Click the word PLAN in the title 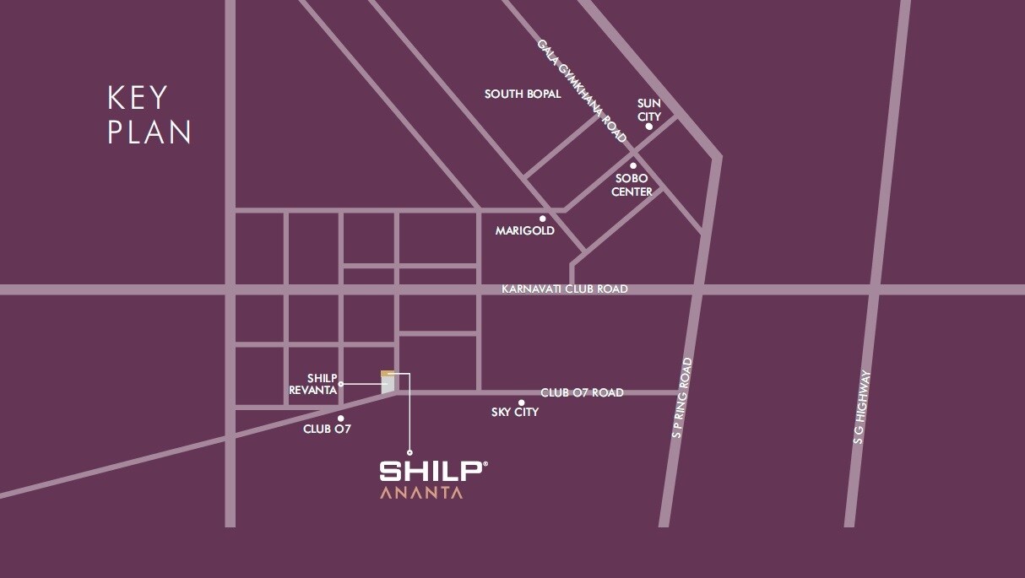tap(149, 132)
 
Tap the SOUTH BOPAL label tap(523, 95)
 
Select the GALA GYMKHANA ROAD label tap(583, 91)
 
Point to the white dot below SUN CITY tap(648, 127)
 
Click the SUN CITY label tap(648, 109)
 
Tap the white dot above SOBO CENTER tap(633, 165)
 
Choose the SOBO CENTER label tap(632, 186)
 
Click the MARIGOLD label tap(524, 230)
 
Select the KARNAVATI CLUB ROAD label tap(565, 289)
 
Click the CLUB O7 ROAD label tap(582, 392)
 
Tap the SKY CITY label tap(515, 413)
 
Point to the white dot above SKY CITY tap(522, 402)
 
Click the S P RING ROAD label tap(682, 398)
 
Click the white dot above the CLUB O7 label tap(340, 418)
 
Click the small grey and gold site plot tap(388, 382)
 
